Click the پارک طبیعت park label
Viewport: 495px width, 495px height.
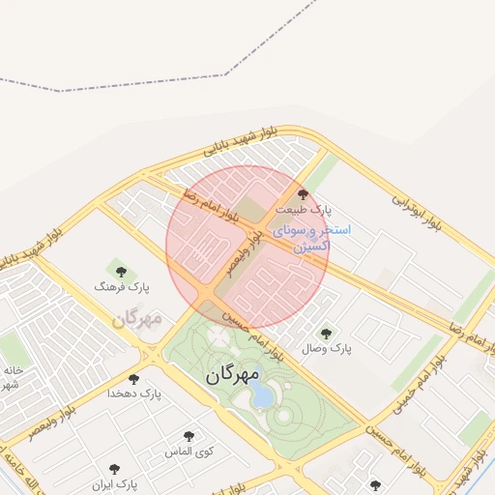[x=303, y=209]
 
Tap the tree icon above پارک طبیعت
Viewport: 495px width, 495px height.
[x=304, y=195]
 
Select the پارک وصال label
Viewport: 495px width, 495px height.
[x=327, y=347]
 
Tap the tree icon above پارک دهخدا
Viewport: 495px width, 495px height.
[x=132, y=379]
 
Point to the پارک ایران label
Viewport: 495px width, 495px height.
[x=115, y=482]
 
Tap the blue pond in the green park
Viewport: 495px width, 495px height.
[x=261, y=396]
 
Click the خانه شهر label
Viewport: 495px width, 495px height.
[x=12, y=377]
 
